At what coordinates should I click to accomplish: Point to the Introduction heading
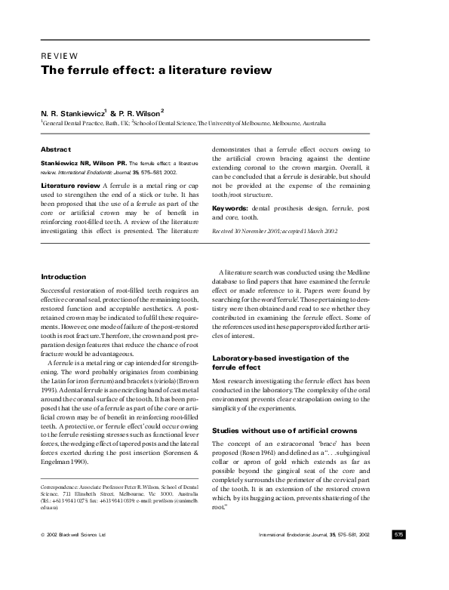[63, 277]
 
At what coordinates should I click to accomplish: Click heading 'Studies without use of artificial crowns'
[285, 430]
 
